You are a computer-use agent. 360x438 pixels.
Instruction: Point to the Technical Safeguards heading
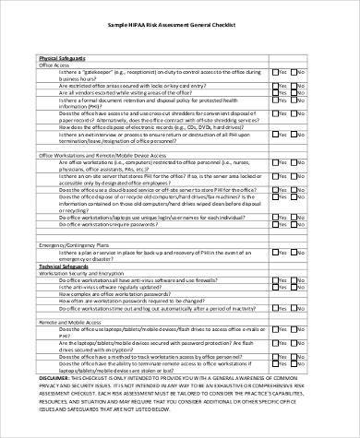point(65,266)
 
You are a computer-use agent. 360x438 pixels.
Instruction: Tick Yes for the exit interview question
point(276,135)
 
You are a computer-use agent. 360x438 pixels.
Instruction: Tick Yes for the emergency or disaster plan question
point(276,253)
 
